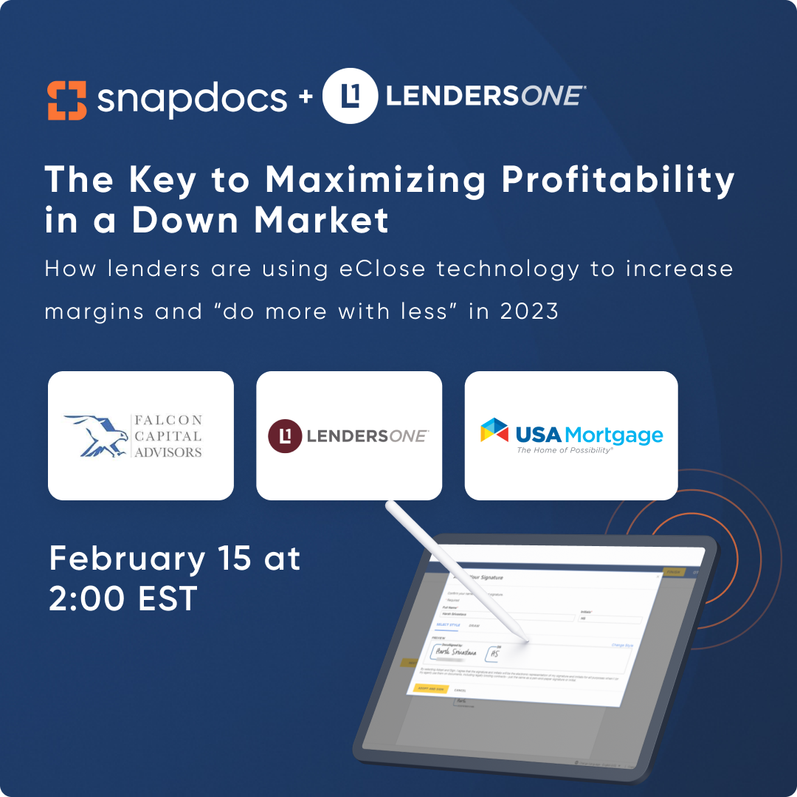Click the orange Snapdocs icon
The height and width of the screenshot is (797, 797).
click(66, 100)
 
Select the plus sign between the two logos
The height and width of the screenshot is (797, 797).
click(305, 99)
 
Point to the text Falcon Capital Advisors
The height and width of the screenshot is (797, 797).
click(168, 435)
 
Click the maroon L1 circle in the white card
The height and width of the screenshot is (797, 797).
click(285, 436)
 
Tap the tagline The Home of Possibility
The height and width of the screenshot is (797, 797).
click(565, 450)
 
